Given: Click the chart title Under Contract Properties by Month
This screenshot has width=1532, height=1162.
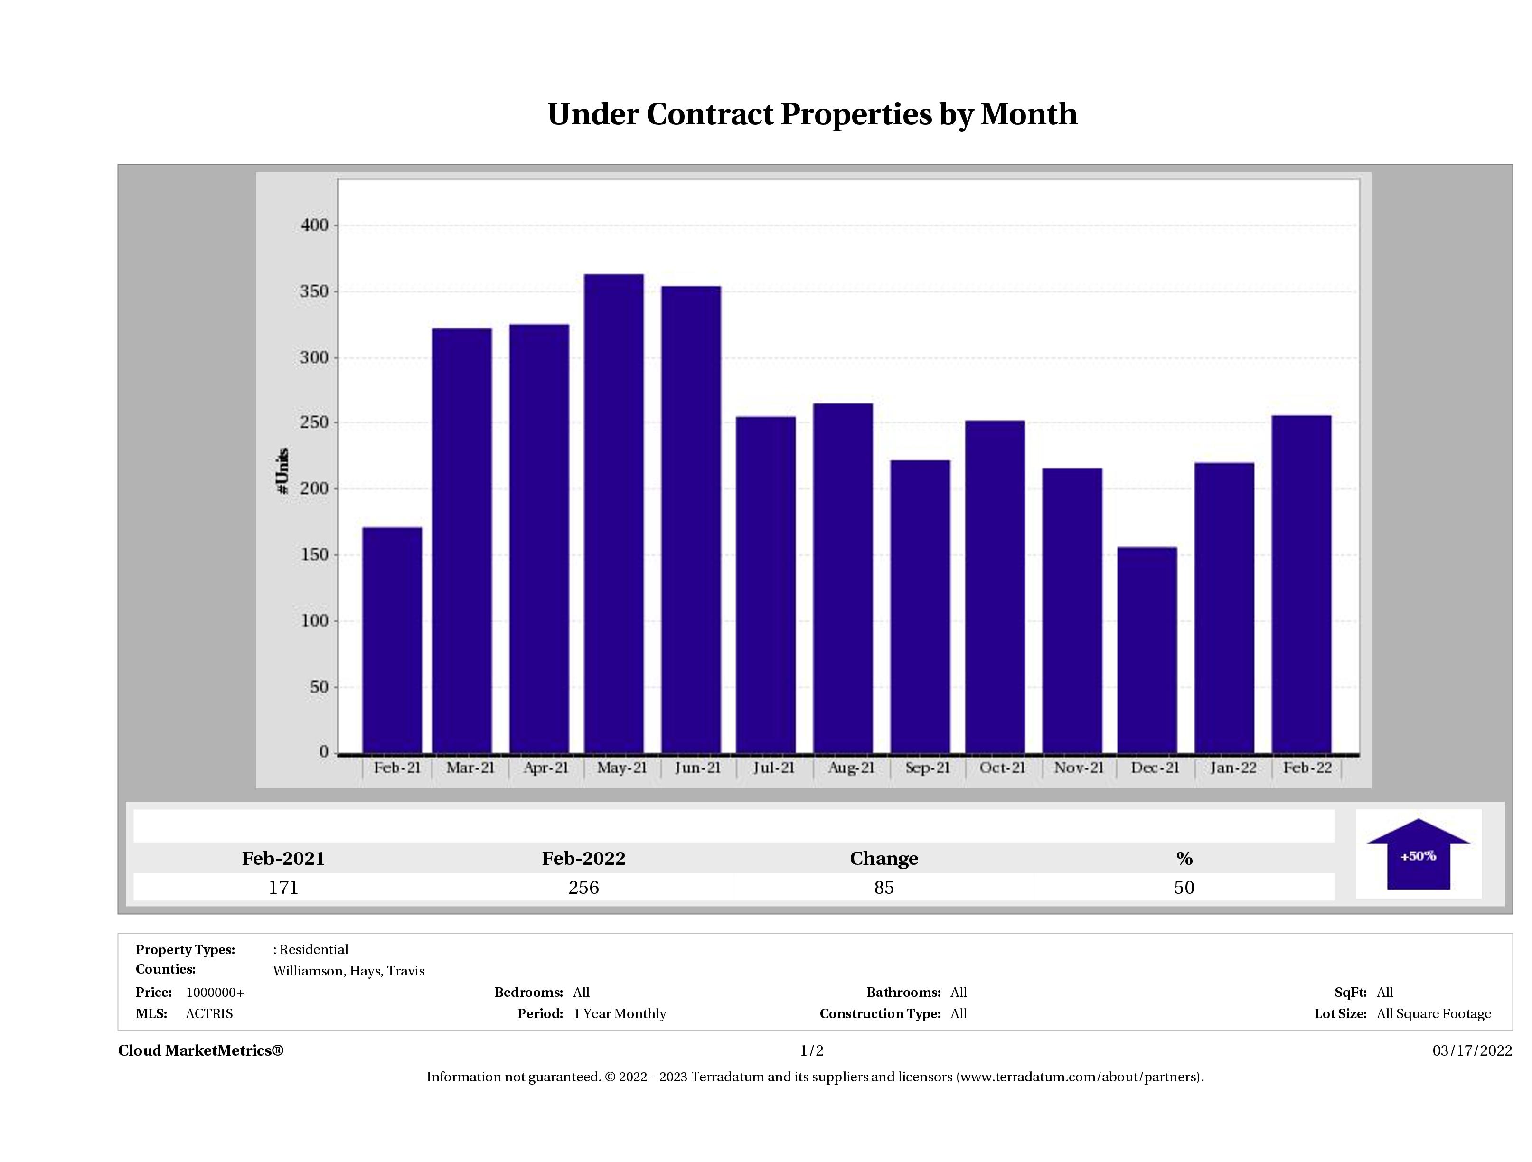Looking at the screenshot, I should tap(812, 114).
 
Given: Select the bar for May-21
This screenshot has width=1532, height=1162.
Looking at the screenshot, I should tap(614, 513).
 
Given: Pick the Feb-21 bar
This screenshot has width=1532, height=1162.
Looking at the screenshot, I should tap(392, 640).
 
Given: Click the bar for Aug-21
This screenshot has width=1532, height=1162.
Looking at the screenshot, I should tap(843, 578).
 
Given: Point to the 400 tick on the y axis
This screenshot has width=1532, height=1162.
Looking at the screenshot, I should tap(314, 226).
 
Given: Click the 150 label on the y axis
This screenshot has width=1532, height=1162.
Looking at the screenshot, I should tap(314, 555).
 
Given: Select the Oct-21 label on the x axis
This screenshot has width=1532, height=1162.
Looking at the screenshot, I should tap(1002, 768).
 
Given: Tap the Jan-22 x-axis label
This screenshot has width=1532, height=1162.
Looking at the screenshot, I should tap(1233, 768).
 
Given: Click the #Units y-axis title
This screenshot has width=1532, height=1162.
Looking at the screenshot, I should tap(282, 470).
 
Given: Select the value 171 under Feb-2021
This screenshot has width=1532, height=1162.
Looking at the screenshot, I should tap(283, 888).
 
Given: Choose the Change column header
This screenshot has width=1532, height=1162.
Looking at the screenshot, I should tap(884, 859).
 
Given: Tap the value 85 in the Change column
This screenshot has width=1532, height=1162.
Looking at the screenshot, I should tap(884, 888).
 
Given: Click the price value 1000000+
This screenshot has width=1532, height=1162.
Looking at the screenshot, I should tap(215, 993).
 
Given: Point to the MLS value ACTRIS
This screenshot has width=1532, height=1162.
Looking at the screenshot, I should tap(209, 1014).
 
